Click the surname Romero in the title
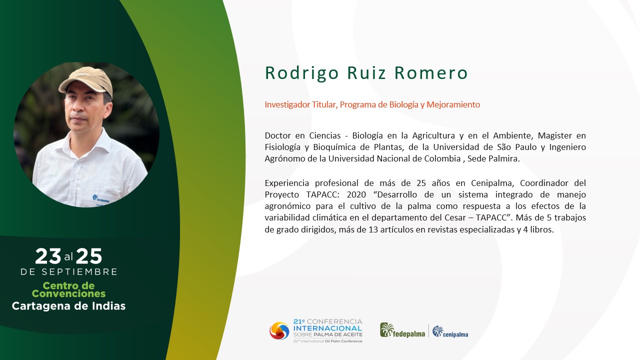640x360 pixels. (431, 73)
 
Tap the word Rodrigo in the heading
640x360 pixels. (301, 73)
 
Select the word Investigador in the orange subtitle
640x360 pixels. (287, 105)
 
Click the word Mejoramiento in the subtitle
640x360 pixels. (453, 105)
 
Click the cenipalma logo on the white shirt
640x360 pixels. (101, 198)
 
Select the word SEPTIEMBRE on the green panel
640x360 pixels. (79, 271)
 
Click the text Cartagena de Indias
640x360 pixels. (68, 306)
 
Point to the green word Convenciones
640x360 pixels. (68, 293)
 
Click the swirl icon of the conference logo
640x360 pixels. (279, 331)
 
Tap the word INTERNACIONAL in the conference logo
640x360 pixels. (327, 328)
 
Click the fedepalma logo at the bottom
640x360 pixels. (402, 330)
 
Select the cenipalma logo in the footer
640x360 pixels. (450, 331)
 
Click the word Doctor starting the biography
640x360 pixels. (278, 135)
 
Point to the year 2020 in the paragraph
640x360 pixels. (356, 194)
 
